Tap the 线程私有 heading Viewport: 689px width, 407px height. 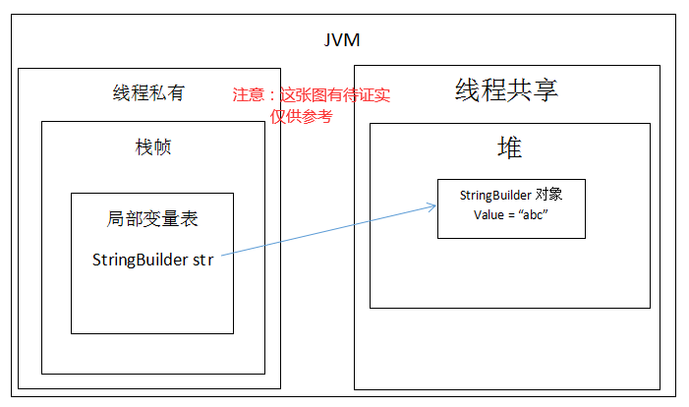click(x=148, y=93)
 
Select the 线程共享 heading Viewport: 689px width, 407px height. click(x=506, y=90)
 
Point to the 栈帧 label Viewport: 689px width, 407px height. click(x=153, y=147)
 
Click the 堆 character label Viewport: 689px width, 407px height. click(x=509, y=147)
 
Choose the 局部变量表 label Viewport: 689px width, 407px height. click(x=153, y=218)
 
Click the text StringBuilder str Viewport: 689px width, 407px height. click(x=153, y=260)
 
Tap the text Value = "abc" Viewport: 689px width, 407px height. click(x=510, y=213)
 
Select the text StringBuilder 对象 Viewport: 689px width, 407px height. click(x=510, y=194)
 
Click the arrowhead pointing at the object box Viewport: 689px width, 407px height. click(x=431, y=205)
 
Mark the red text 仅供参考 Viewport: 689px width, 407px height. click(x=302, y=116)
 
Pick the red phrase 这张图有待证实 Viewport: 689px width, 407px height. click(x=335, y=95)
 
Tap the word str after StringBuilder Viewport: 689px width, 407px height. click(x=202, y=260)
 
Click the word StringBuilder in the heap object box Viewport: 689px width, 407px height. click(x=496, y=194)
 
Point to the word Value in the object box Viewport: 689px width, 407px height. click(x=488, y=213)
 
